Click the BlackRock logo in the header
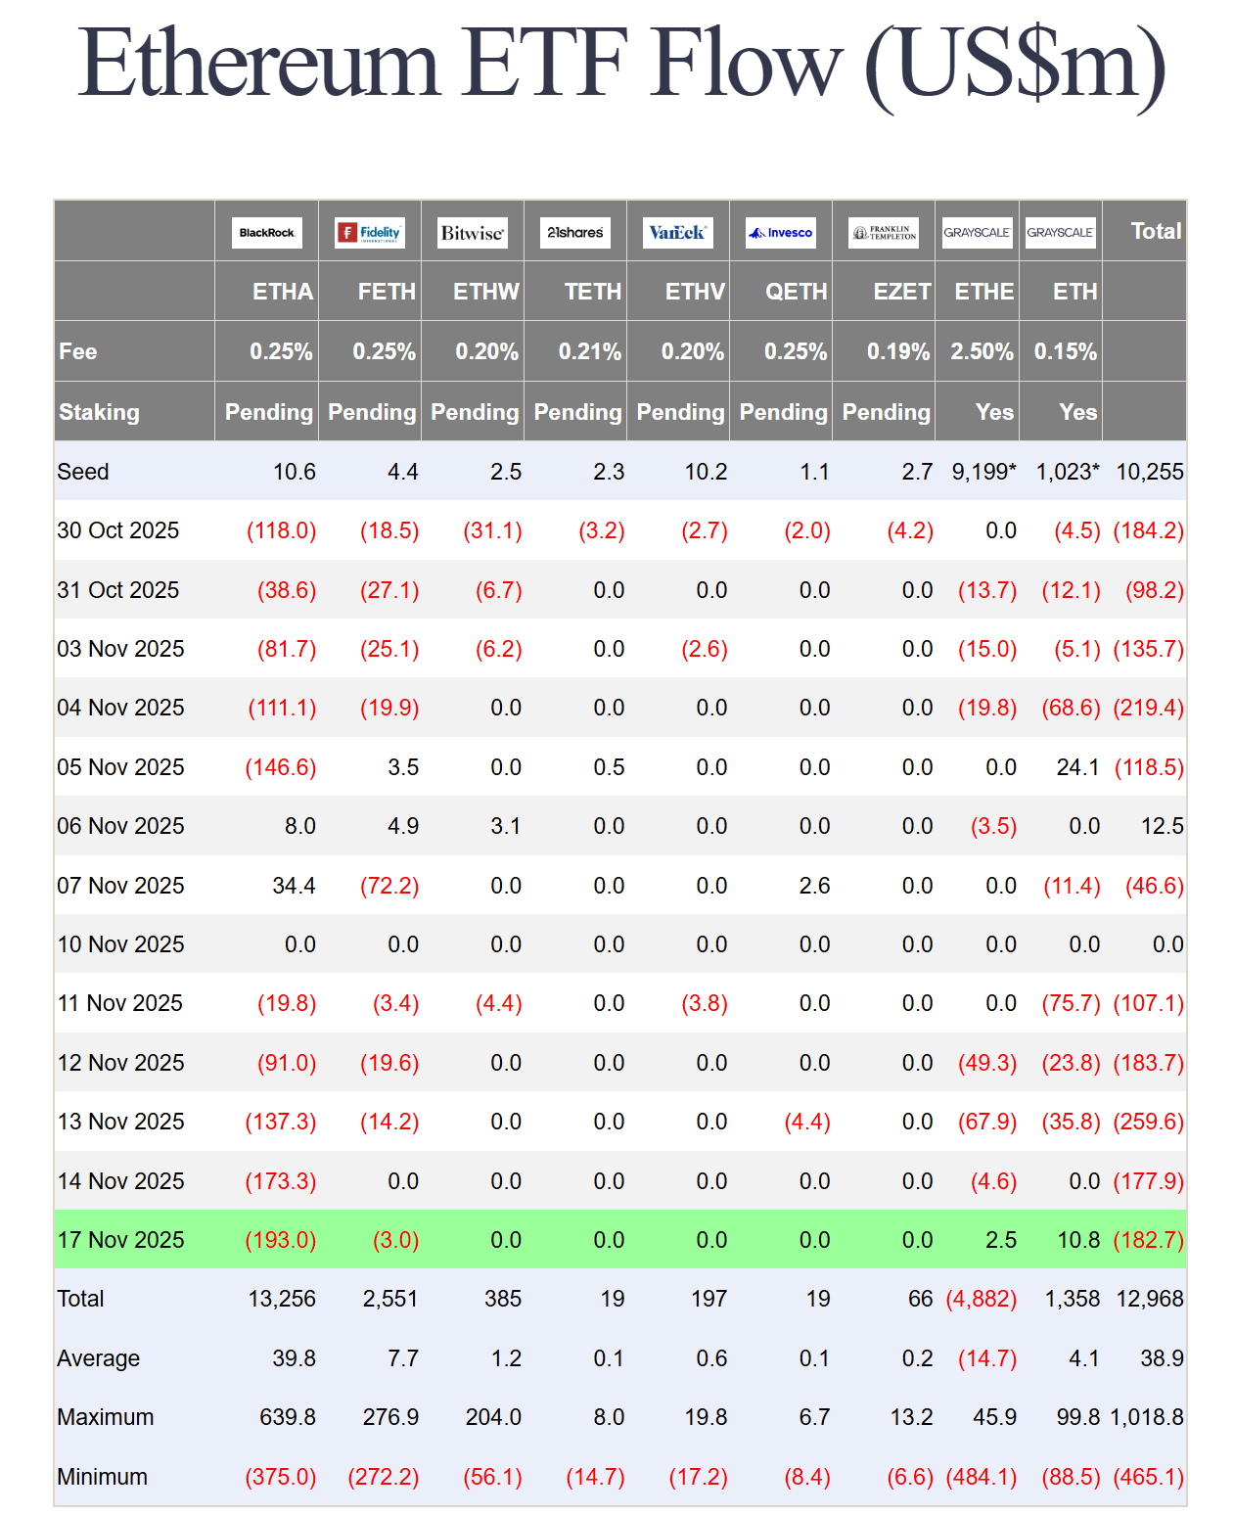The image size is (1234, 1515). pyautogui.click(x=266, y=233)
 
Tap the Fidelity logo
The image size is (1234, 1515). pyautogui.click(x=370, y=233)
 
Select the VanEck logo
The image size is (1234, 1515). pyautogui.click(x=677, y=233)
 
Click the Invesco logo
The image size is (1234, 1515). pyautogui.click(x=780, y=233)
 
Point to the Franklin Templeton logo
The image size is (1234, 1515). pyautogui.click(x=883, y=233)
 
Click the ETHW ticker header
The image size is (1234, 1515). pyautogui.click(x=485, y=292)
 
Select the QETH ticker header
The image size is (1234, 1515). pyautogui.click(x=796, y=292)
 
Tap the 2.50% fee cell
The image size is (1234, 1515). pyautogui.click(x=982, y=351)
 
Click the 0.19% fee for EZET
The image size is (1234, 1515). pyautogui.click(x=897, y=351)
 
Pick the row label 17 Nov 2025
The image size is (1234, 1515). pyautogui.click(x=120, y=1240)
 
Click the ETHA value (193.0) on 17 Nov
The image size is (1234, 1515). pyautogui.click(x=281, y=1240)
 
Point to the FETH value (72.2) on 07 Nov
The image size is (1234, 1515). pyautogui.click(x=389, y=886)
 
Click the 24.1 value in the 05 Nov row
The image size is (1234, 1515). pyautogui.click(x=1077, y=767)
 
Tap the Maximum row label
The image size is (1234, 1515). pyautogui.click(x=106, y=1417)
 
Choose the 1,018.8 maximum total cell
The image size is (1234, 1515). pyautogui.click(x=1146, y=1417)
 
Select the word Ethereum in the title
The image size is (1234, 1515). pyautogui.click(x=258, y=64)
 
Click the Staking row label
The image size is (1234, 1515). pyautogui.click(x=99, y=412)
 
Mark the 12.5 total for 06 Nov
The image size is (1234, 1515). pyautogui.click(x=1162, y=826)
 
